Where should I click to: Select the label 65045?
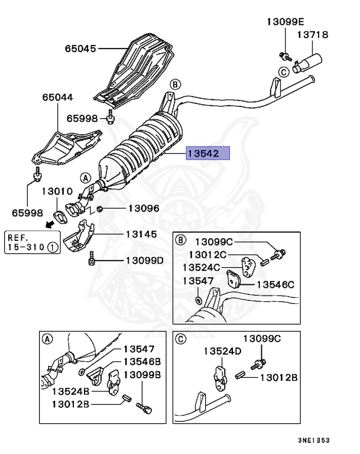tap(80, 48)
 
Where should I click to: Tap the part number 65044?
tap(57, 96)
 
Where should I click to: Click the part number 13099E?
tap(284, 21)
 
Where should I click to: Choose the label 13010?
tap(57, 192)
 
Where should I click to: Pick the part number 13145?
tap(141, 235)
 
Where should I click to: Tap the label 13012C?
tap(207, 255)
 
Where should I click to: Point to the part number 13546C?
tap(275, 284)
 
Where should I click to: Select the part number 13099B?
tap(142, 375)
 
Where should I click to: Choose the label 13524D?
tap(223, 351)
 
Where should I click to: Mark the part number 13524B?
tap(70, 391)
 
